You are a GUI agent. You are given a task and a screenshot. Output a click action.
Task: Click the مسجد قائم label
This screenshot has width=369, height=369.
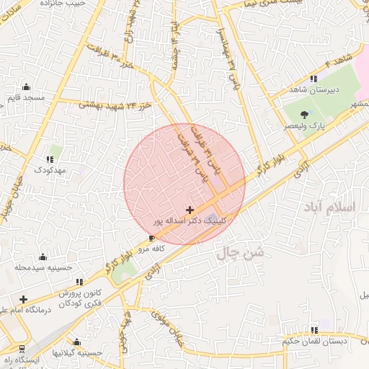click(x=25, y=97)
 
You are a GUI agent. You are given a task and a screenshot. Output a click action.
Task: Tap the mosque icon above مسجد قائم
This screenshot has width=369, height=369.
click(x=26, y=86)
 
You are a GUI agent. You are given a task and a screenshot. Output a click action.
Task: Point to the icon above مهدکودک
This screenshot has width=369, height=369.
click(x=50, y=159)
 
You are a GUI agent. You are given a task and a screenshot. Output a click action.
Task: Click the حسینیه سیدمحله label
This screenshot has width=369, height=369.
click(x=44, y=267)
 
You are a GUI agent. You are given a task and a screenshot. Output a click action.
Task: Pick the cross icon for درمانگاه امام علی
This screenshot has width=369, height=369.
click(x=24, y=298)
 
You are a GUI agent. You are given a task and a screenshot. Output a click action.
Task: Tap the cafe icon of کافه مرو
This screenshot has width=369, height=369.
click(x=151, y=238)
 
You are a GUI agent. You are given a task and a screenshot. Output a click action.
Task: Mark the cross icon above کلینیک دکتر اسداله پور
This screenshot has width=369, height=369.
click(x=190, y=210)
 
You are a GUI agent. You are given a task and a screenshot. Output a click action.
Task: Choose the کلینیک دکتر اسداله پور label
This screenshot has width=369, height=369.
click(x=190, y=221)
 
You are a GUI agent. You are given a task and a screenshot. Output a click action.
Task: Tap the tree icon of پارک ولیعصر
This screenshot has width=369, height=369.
click(x=305, y=114)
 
